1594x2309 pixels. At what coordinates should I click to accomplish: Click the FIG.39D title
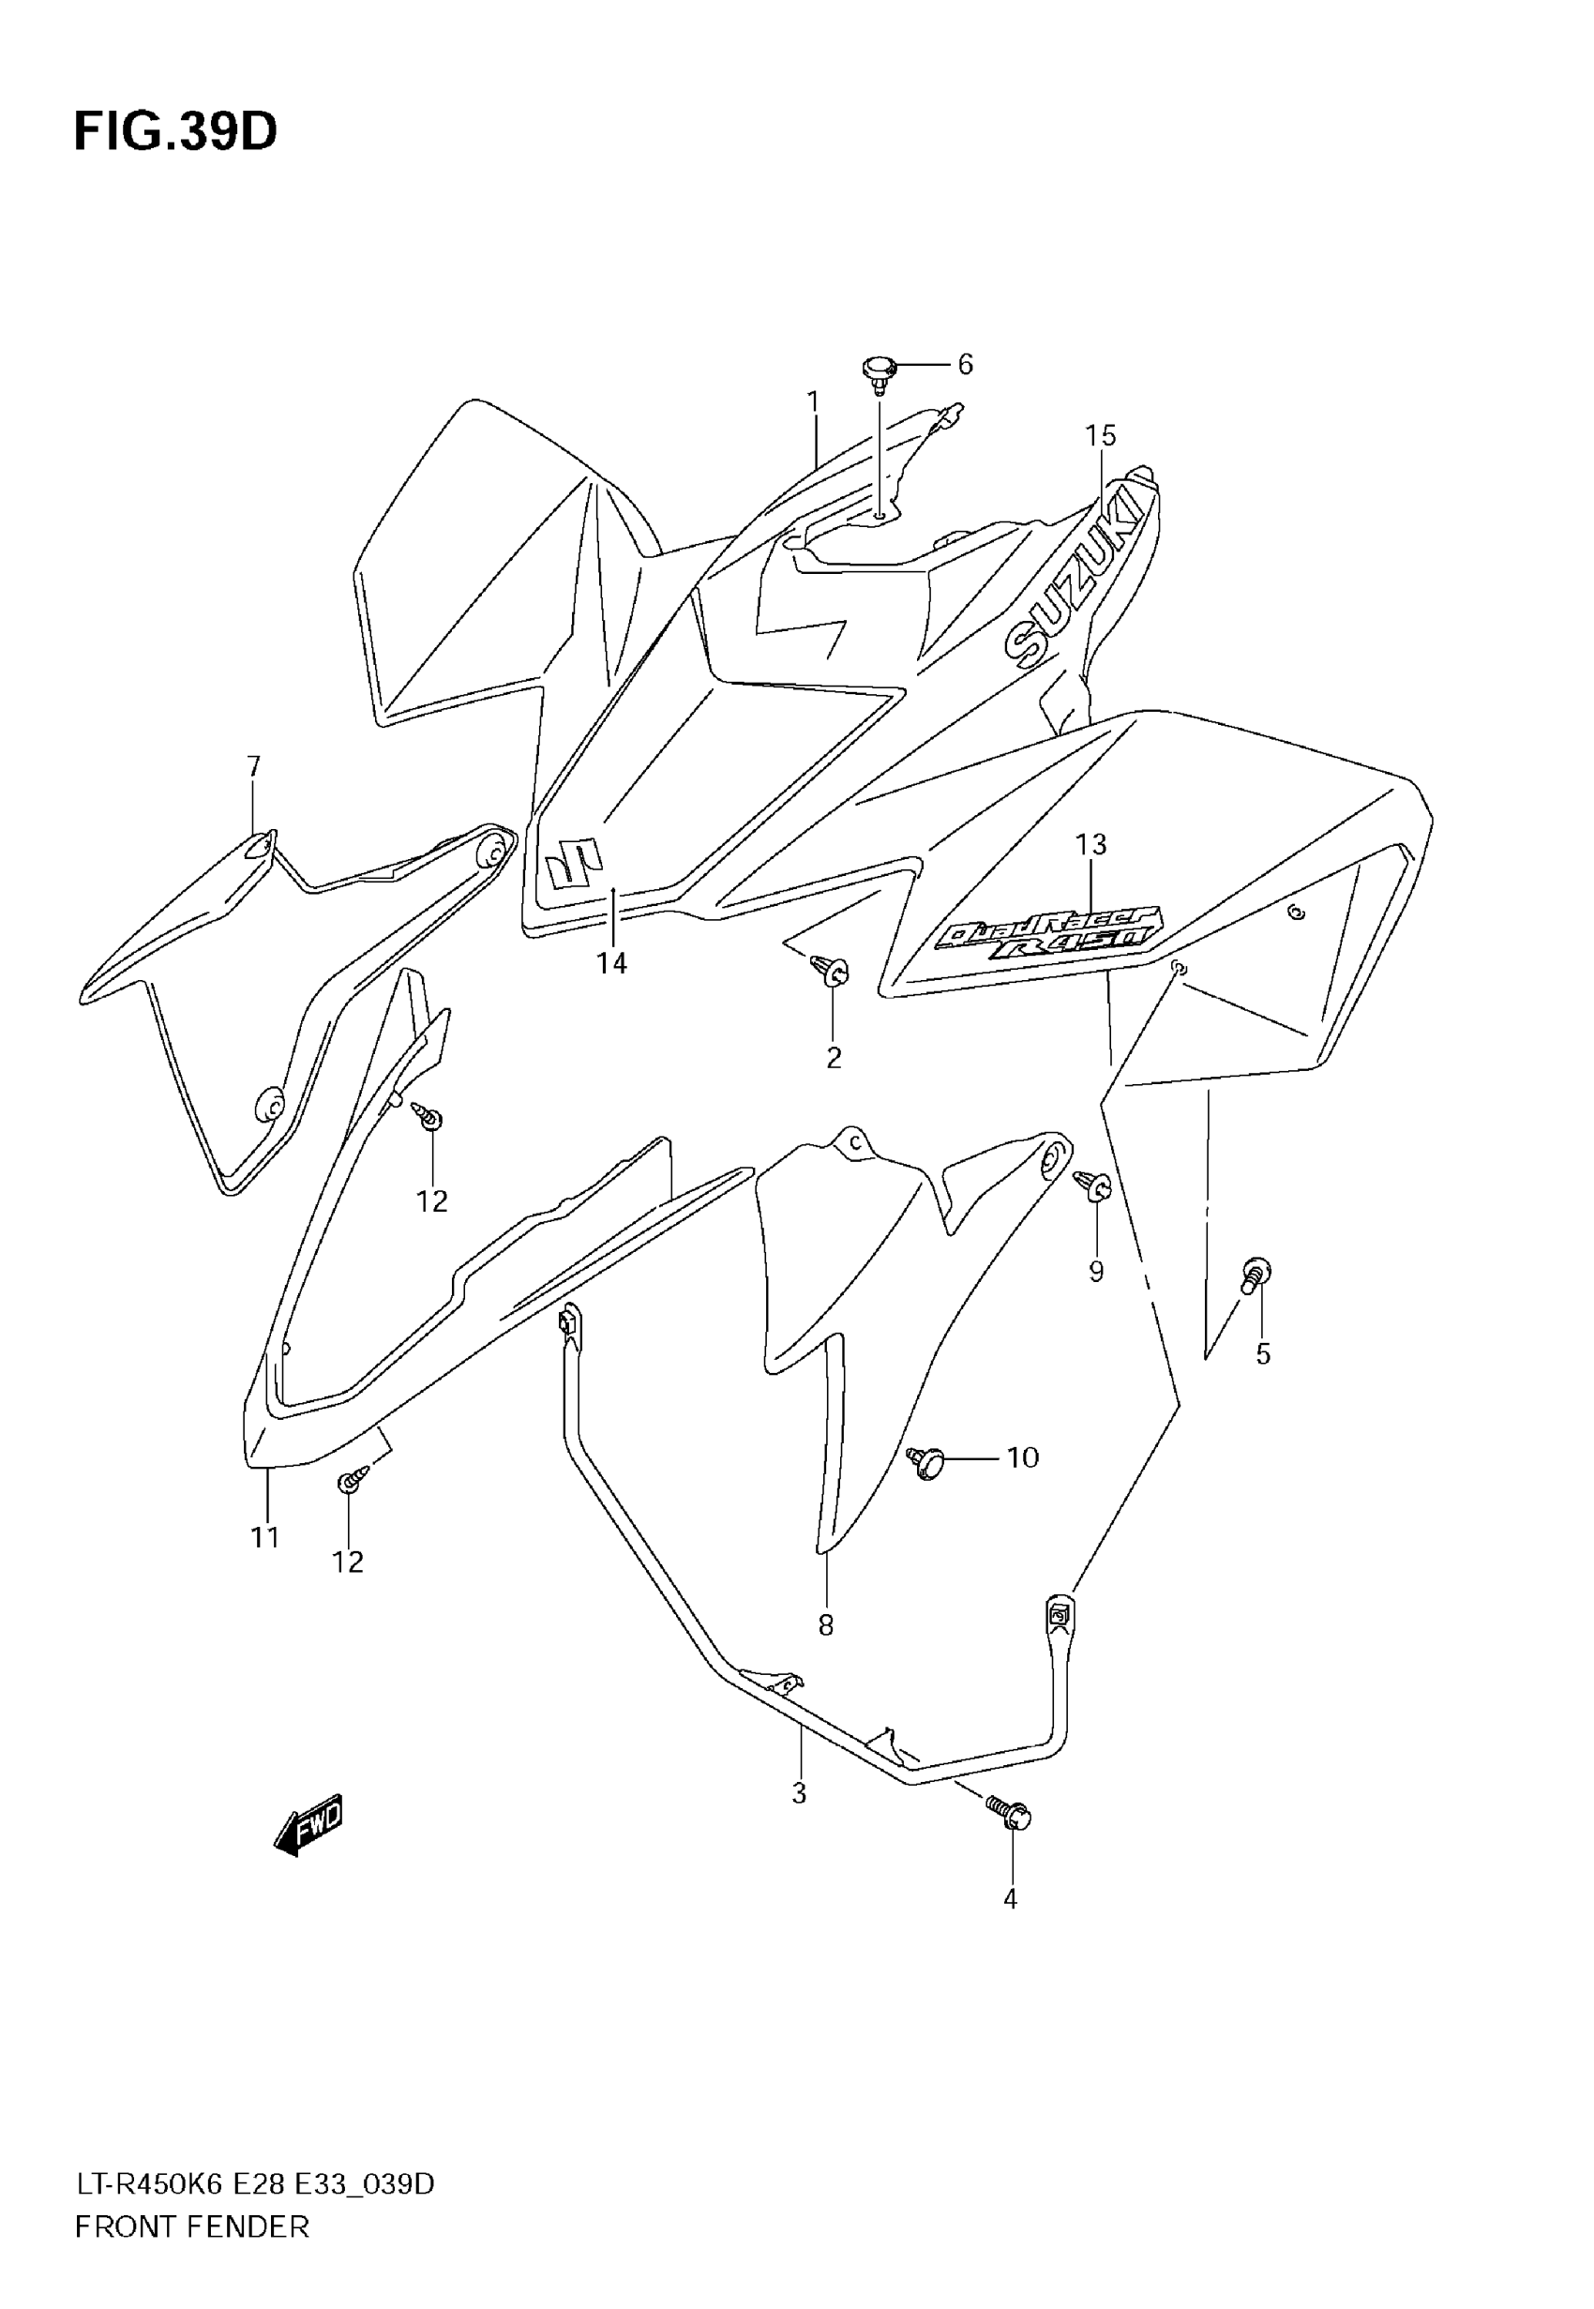(175, 133)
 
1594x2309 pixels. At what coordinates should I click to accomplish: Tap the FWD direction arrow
(308, 1826)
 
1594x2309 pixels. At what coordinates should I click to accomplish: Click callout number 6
(965, 365)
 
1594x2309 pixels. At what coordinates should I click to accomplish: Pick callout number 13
(1090, 845)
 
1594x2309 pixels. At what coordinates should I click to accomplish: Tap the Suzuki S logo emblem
(573, 861)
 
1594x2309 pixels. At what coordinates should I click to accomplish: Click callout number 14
(611, 963)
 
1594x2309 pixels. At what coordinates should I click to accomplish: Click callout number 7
(254, 767)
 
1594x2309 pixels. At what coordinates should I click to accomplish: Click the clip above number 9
(1093, 1186)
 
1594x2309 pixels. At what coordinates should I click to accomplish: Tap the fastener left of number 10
(925, 1462)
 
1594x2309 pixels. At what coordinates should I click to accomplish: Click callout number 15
(1101, 435)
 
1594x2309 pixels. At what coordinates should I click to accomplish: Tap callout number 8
(825, 1626)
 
